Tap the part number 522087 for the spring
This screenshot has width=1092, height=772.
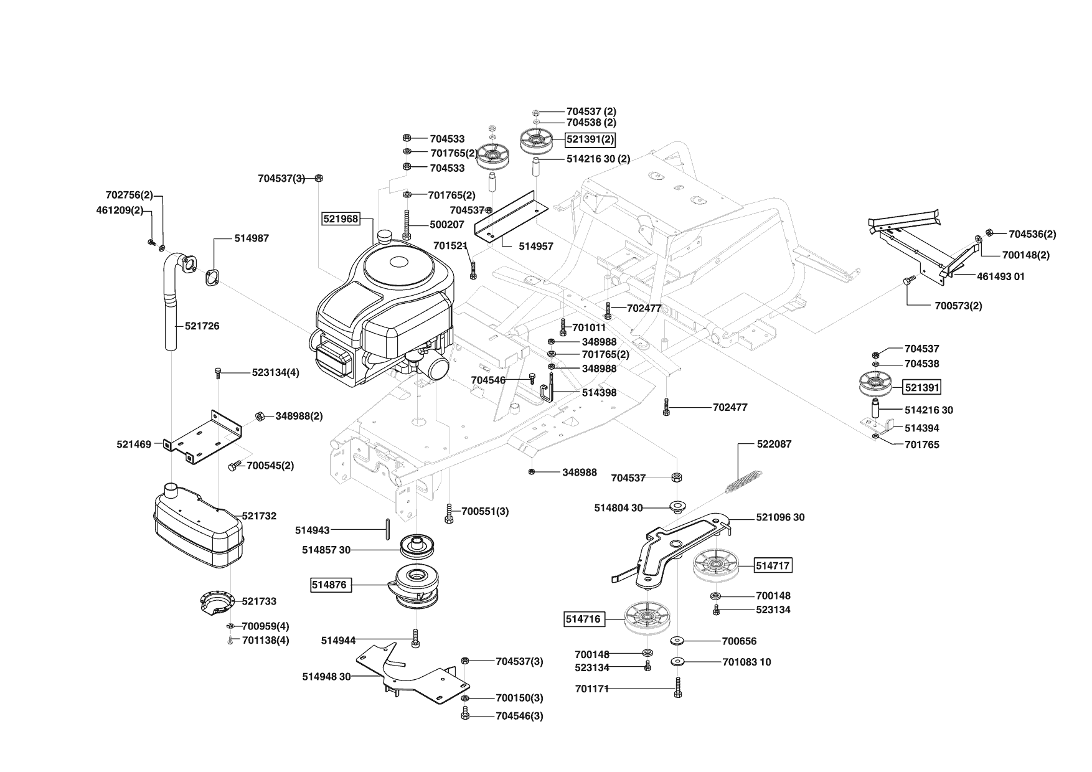774,444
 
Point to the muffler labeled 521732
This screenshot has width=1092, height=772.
196,526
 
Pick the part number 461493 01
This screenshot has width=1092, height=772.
1000,276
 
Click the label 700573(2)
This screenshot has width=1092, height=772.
958,306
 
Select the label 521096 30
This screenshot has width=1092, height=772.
780,517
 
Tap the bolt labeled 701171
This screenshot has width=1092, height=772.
678,688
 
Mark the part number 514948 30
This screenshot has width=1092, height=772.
327,676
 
